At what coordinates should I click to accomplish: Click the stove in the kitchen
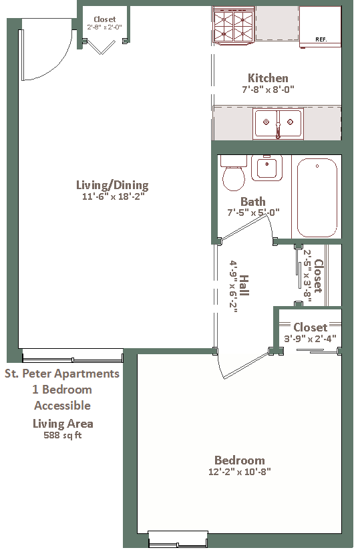coord(234,25)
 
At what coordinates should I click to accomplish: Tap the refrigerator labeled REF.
coord(320,27)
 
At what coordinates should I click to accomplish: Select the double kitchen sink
coord(278,123)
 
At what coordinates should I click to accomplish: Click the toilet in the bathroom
coord(233,173)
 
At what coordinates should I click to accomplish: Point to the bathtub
coord(317,198)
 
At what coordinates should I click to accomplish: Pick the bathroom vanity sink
coord(267,168)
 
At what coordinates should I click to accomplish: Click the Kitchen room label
coord(268,78)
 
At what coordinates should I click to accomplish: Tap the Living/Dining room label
coord(113,185)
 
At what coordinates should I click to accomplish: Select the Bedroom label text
coord(240,460)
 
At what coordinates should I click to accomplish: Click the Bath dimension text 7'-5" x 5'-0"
coord(253,213)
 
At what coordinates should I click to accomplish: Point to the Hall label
coord(244,285)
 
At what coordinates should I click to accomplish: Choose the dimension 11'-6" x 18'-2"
coord(114,196)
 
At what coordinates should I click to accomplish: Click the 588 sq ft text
coord(63,435)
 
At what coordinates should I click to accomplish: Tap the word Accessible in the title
coord(62,406)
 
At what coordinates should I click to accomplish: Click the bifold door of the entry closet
coord(102,47)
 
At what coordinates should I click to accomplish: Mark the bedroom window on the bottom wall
coord(178,538)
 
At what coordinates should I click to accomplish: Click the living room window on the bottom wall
coord(73,356)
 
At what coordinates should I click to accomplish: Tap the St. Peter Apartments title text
coord(62,374)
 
